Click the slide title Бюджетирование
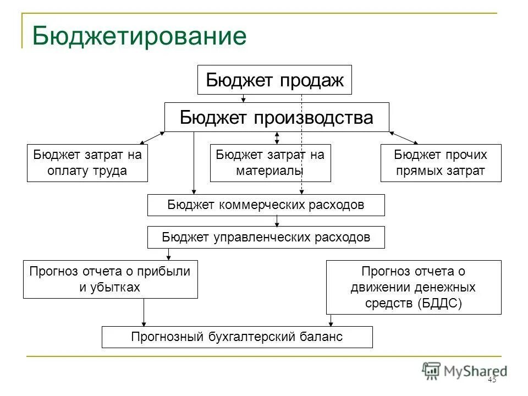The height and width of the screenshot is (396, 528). [x=139, y=36]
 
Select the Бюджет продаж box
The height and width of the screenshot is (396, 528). [x=274, y=80]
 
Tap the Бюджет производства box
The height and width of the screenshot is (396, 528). [x=277, y=117]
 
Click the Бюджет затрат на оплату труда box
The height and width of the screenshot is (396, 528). [x=87, y=163]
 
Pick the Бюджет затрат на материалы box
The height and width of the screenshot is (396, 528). [x=270, y=163]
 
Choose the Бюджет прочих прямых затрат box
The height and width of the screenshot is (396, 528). [x=441, y=163]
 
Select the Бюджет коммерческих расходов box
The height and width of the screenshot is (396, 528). [x=266, y=205]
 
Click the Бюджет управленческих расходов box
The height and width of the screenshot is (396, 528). [x=266, y=238]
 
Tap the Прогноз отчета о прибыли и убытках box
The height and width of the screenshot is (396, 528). [x=110, y=279]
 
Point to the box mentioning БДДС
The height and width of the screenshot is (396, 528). [x=414, y=287]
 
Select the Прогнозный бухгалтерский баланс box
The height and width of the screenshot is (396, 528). [x=237, y=337]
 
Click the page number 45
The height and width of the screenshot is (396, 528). [x=492, y=380]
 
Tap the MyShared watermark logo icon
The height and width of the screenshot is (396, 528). [x=431, y=370]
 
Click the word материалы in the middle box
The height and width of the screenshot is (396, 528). [x=270, y=170]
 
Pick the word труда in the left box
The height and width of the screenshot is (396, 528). [x=110, y=170]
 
